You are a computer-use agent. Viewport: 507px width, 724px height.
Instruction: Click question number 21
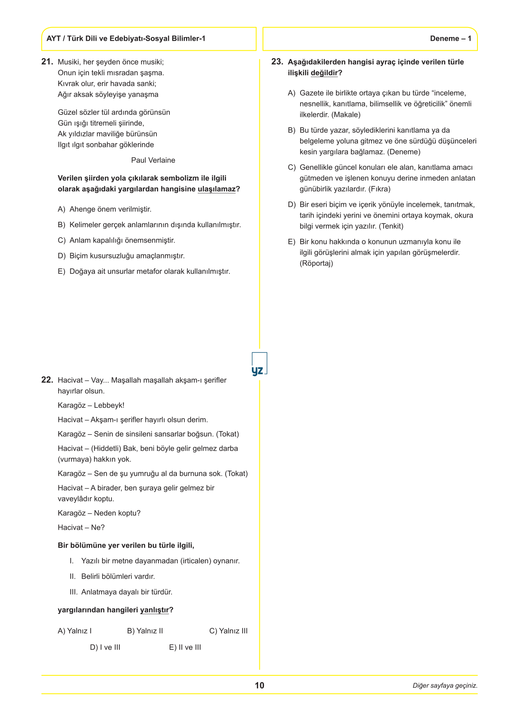tap(47, 62)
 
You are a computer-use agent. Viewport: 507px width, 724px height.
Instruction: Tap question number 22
tap(47, 380)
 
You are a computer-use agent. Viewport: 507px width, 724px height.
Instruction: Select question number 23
tap(277, 62)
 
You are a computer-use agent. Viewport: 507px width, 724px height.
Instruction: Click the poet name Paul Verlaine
tap(153, 160)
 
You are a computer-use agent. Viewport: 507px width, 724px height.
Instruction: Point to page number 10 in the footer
tap(259, 685)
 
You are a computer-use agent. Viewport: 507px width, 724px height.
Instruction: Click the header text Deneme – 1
tap(450, 39)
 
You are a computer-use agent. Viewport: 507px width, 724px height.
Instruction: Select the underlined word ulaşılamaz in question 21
tap(216, 189)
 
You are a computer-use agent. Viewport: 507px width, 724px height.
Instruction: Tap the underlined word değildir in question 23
tap(324, 73)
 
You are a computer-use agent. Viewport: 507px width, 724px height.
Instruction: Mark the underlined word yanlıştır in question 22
tap(154, 610)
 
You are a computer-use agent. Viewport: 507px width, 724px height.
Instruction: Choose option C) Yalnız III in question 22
tap(228, 631)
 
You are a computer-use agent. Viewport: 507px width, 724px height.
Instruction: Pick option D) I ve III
tap(105, 647)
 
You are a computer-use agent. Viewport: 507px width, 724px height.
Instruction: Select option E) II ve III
tap(185, 647)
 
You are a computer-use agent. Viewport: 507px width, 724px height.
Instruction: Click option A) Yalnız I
tap(75, 631)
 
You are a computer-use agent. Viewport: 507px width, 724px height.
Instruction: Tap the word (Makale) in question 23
tap(346, 115)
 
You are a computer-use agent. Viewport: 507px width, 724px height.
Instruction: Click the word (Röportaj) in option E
tap(316, 263)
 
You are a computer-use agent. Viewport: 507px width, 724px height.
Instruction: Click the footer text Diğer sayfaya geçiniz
tap(445, 686)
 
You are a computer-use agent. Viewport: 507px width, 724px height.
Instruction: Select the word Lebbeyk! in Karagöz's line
tap(109, 405)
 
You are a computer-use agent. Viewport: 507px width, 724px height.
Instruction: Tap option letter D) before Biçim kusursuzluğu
tap(62, 256)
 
